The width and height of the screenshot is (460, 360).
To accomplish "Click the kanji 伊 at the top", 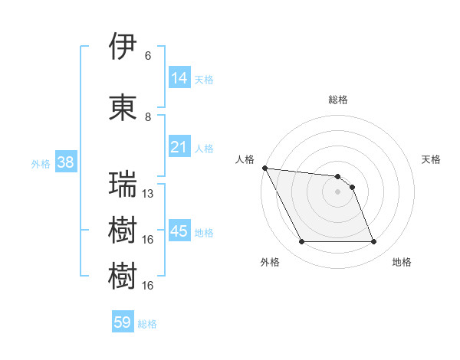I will point(123,47).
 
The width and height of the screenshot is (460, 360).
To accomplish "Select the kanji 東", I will point(123,108).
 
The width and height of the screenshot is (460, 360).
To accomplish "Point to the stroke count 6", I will point(148,56).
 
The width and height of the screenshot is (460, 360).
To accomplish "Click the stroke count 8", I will point(148,117).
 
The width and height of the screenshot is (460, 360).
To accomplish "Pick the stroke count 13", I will point(149,194).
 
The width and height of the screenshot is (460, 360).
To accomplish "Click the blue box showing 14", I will point(179,78).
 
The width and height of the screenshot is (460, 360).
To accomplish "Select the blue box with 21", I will point(179,147).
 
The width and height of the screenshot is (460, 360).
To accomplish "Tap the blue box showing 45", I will point(179,231).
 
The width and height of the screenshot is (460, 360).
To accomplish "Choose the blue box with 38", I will point(66,162).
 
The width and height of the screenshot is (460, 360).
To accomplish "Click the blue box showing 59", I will point(123,322).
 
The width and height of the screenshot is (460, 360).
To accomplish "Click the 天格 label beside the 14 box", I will point(204,79).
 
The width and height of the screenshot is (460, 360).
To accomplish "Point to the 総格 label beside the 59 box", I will point(147,324).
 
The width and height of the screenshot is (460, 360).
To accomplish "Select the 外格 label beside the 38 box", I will point(41,163).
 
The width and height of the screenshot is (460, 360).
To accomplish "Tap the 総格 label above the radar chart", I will point(338,100).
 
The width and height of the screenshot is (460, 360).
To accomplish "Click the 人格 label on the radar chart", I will point(245,159).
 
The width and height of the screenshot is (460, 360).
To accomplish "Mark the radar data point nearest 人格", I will point(264,168).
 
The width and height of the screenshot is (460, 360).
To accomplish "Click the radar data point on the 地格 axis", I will point(373,242).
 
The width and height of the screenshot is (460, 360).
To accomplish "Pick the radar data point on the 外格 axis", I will point(301,242).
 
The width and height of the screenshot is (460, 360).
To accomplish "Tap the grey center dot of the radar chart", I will point(337,191).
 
